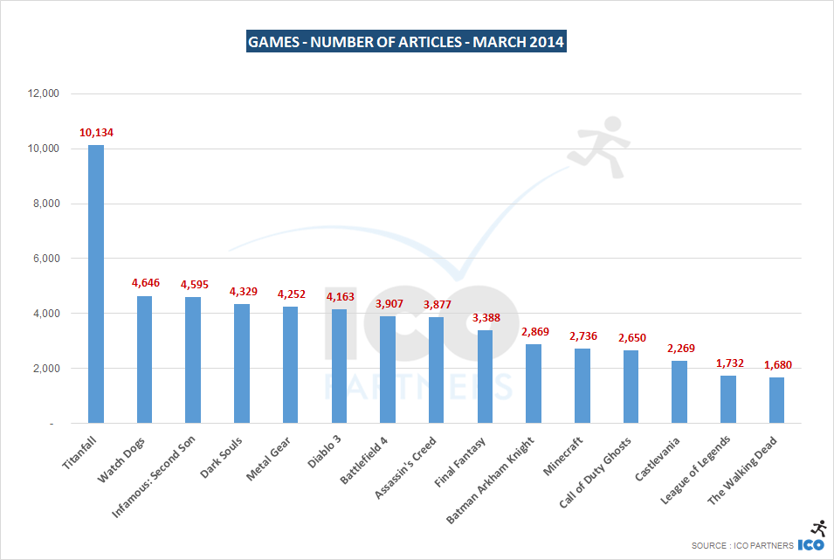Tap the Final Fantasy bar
pyautogui.click(x=485, y=377)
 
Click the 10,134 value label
pyautogui.click(x=96, y=133)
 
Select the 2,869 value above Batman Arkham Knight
pyautogui.click(x=534, y=332)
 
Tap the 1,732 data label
pyautogui.click(x=727, y=363)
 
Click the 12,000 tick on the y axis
pyautogui.click(x=42, y=93)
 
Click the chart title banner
pyautogui.click(x=406, y=41)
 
